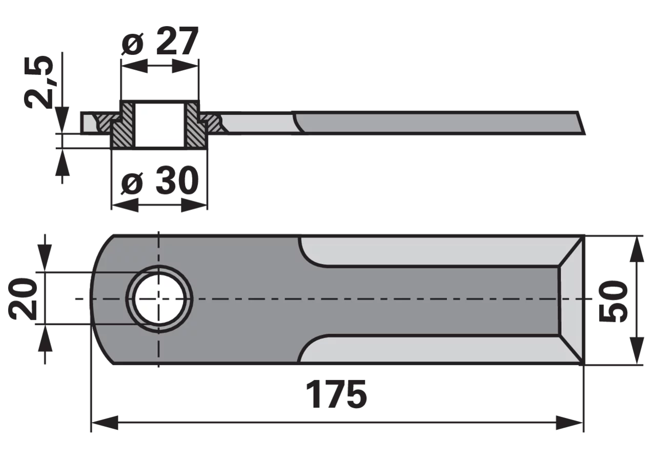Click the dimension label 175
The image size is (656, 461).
pyautogui.click(x=336, y=394)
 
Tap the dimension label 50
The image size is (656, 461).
pyautogui.click(x=613, y=301)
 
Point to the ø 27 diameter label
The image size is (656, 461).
pyautogui.click(x=160, y=41)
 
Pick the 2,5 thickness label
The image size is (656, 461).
pyautogui.click(x=38, y=81)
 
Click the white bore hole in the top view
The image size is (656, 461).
pyautogui.click(x=159, y=299)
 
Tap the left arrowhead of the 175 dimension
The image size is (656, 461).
pyautogui.click(x=105, y=423)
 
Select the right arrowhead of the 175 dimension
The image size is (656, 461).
pyautogui.click(x=569, y=423)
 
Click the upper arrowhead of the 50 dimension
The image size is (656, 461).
pyautogui.click(x=637, y=249)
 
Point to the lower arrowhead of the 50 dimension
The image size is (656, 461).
pyautogui.click(x=637, y=351)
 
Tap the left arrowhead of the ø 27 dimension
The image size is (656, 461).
pyautogui.click(x=134, y=66)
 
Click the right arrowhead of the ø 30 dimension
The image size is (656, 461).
pyautogui.click(x=194, y=205)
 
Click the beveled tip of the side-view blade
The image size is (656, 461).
pyautogui.click(x=581, y=123)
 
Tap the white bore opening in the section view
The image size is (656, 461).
pyautogui.click(x=160, y=124)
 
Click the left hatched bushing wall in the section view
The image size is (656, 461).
pyautogui.click(x=122, y=125)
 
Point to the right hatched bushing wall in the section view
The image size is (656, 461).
pyautogui.click(x=197, y=125)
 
